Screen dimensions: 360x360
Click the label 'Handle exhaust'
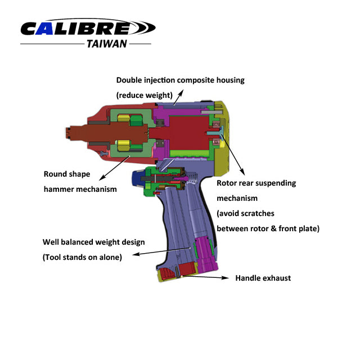[263, 278]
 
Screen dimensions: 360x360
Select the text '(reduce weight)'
[143, 96]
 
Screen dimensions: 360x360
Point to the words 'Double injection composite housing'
[180, 80]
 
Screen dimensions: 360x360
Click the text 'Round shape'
[66, 174]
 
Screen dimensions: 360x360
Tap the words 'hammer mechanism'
[80, 189]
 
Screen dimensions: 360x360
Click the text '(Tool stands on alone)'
[82, 257]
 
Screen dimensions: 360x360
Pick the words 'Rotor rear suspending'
[256, 183]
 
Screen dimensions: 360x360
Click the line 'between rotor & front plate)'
[268, 228]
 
